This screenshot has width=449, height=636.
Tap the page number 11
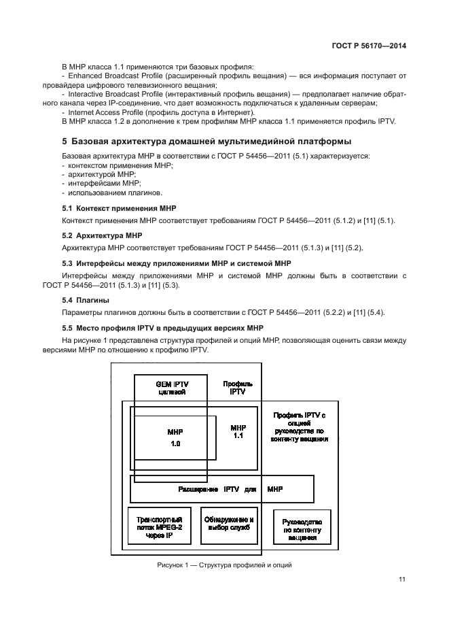click(402, 580)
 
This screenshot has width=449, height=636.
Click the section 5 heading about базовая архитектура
click(206, 142)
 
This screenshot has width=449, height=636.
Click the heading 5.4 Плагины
click(86, 300)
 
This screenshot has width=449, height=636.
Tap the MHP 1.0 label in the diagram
click(175, 437)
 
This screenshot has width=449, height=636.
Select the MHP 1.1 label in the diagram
click(237, 432)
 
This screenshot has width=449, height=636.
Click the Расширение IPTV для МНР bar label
click(229, 489)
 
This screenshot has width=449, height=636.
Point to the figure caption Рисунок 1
click(223, 565)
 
